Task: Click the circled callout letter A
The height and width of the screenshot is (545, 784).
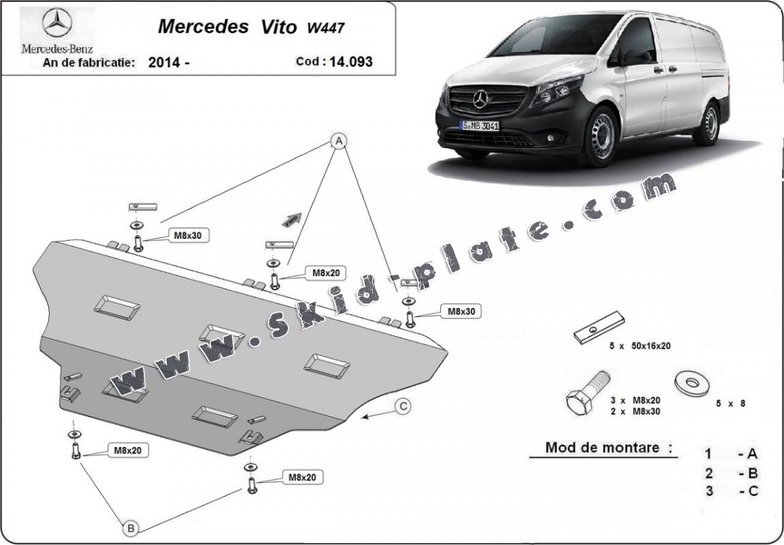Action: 338,141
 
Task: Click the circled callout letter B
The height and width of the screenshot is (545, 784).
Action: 131,526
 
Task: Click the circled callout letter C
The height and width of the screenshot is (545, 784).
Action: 404,406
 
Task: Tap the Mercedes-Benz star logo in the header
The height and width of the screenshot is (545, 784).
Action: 57,24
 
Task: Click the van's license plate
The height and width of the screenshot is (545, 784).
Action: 480,126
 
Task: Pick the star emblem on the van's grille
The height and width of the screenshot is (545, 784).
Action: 480,100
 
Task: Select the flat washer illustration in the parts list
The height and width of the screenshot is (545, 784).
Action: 691,382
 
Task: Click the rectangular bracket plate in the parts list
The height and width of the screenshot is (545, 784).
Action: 598,327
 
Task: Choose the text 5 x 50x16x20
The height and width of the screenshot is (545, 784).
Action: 640,346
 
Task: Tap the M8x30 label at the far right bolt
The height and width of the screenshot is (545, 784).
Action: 462,312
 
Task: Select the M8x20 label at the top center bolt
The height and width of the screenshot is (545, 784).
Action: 325,273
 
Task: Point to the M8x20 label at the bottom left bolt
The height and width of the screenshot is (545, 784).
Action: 127,450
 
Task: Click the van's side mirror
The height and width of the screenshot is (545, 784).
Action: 634,57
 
